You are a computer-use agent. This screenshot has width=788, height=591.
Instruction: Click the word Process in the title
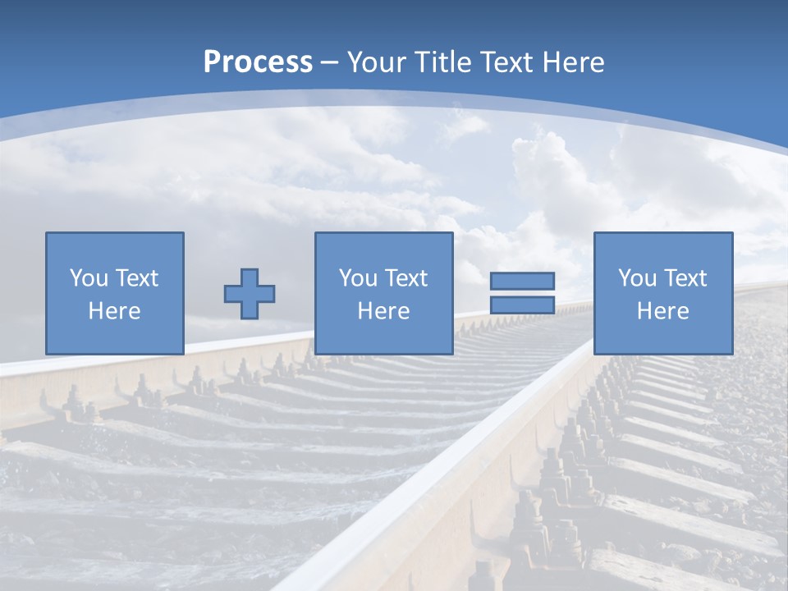click(258, 62)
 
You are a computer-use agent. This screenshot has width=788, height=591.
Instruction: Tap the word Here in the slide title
click(572, 62)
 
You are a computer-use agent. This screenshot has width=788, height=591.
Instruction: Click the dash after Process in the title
click(330, 62)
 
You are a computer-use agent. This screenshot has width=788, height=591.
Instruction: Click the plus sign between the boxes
click(250, 294)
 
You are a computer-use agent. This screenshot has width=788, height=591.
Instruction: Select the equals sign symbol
click(522, 293)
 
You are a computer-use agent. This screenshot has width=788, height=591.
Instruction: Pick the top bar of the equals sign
click(522, 281)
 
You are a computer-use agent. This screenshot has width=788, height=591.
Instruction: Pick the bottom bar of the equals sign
click(522, 305)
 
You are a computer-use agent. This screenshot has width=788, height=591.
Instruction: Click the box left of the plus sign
click(115, 293)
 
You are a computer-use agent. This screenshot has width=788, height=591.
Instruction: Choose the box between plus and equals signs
click(383, 293)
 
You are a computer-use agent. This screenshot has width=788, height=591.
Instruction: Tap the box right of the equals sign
click(662, 293)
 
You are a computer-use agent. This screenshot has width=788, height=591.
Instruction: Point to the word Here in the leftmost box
click(115, 311)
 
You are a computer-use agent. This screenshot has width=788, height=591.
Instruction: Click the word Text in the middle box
click(405, 278)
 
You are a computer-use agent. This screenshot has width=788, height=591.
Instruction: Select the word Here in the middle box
click(383, 311)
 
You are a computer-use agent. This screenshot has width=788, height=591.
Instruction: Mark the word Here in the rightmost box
click(662, 311)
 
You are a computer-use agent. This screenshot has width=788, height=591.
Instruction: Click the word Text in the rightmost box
click(685, 278)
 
